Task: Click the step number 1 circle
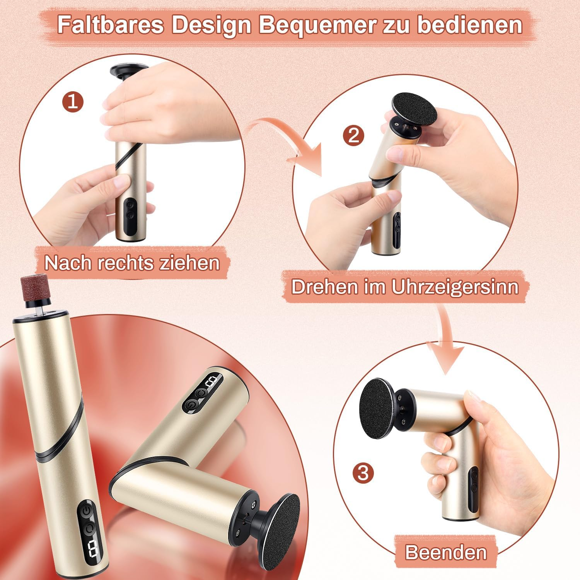(73, 101)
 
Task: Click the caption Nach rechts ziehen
(132, 263)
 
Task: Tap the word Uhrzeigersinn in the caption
(455, 287)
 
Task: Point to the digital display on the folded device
(212, 384)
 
